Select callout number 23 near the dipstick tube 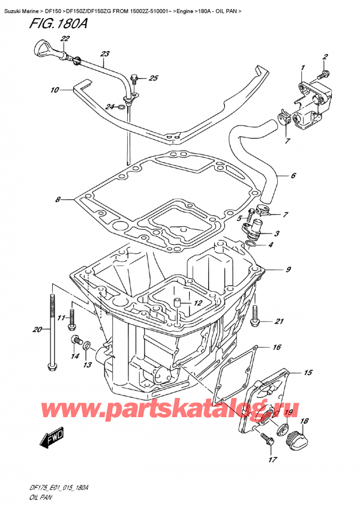point(106,54)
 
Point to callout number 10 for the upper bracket point(55,91)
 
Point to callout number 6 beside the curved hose point(293,176)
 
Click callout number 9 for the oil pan point(288,270)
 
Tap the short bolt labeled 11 point(72,319)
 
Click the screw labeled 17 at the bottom point(267,443)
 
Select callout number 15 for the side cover point(308,373)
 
